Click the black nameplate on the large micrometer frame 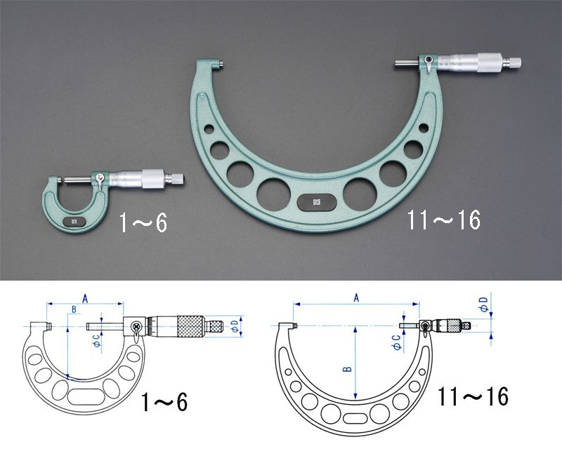point(317,202)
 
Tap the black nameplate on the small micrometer point(74,222)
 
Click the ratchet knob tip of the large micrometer point(512,62)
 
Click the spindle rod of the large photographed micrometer point(407,62)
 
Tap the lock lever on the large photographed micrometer point(428,65)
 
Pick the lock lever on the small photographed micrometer point(100,181)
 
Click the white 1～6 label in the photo point(143,223)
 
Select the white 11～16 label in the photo point(443,220)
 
